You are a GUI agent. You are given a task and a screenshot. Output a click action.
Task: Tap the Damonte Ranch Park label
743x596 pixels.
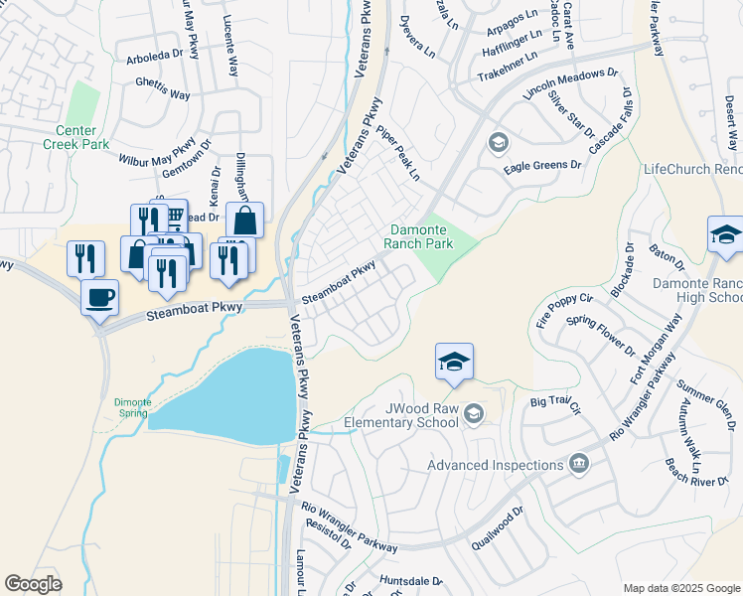coord(420,235)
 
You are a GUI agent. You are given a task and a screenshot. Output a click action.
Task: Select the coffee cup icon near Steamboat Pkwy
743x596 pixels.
coord(98,297)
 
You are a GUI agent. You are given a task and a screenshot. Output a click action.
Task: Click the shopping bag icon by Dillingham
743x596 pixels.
coord(244,221)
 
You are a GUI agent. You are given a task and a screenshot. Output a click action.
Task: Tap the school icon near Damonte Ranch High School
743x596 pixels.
coord(725,235)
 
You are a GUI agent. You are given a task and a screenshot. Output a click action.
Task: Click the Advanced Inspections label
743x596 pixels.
coord(494,465)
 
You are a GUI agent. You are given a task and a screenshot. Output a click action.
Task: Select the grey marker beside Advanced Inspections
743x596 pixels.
coord(579,464)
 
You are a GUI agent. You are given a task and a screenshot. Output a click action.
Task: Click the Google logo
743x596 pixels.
coord(33,584)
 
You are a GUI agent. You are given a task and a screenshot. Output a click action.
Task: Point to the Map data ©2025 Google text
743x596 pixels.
coord(680,587)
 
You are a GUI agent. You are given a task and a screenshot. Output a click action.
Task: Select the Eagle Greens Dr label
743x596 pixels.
coord(541,165)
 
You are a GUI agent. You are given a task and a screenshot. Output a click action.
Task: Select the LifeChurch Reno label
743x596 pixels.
coord(692,169)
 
